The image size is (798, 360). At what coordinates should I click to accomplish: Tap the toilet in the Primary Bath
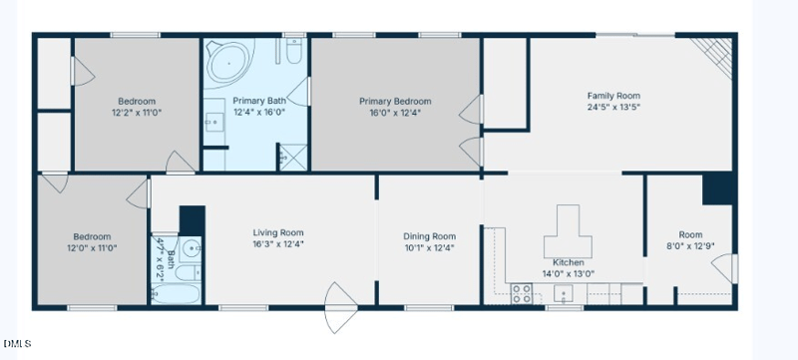tap(293, 52)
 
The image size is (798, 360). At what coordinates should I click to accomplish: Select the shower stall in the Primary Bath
tap(292, 156)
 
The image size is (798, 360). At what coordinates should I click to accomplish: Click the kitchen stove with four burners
tap(520, 293)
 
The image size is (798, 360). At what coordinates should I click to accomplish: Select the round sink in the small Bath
tap(192, 249)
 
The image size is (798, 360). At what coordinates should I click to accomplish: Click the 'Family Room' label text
tap(613, 96)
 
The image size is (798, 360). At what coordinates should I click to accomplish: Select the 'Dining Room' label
tap(430, 235)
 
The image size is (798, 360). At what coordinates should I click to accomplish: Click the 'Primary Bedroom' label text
tap(395, 101)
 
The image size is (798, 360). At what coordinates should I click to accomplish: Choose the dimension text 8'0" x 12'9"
tap(690, 246)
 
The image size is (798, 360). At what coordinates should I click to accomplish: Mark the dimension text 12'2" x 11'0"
tap(138, 114)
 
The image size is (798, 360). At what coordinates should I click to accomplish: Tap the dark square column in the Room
tap(716, 189)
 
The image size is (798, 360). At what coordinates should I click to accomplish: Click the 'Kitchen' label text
tap(567, 260)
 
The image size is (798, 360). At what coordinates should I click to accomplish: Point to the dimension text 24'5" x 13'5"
tap(613, 108)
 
